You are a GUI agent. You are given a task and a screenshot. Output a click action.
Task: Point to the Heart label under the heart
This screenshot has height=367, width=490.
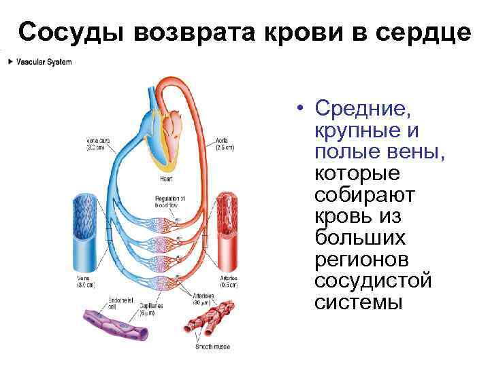pos(165,179)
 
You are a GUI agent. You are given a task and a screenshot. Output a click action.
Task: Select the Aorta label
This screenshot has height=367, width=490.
pos(225,143)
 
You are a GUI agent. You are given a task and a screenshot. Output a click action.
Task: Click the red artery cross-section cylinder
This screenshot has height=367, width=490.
pos(225,231)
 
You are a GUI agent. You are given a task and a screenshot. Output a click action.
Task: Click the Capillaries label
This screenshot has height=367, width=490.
pos(152,310)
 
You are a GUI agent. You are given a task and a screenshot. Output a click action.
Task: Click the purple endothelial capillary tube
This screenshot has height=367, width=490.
pos(116,325)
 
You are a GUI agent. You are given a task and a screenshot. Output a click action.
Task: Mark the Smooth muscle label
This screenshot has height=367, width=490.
pos(214,347)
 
